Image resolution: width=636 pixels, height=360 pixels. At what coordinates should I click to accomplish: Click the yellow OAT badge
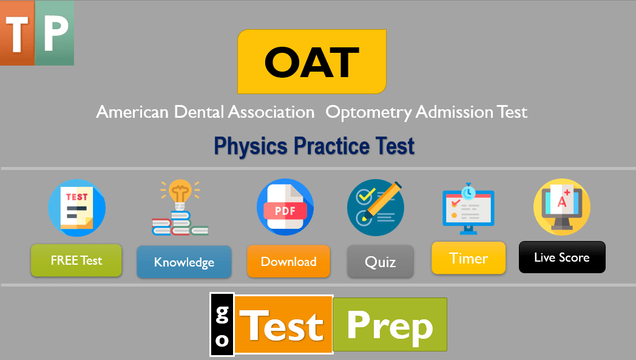311,61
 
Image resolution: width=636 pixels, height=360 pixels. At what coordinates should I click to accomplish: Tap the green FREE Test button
76,260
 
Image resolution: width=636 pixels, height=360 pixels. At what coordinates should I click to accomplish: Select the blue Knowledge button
184,262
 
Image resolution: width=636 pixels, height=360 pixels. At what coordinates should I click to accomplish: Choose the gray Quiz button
381,262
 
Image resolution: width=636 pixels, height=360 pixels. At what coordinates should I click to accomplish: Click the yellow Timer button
469,258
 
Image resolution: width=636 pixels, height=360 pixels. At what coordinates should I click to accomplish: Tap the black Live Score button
562,257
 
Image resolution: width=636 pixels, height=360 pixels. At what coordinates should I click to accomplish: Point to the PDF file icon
285,207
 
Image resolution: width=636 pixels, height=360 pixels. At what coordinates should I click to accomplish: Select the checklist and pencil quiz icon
376,207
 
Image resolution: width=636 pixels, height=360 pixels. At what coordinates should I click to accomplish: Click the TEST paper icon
76,208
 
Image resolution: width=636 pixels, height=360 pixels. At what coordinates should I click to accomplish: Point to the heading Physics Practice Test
314,146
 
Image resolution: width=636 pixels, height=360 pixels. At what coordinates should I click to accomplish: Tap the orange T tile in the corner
18,33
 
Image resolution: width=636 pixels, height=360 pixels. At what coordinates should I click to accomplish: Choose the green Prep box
390,324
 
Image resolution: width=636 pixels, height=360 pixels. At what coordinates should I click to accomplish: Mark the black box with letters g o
222,325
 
